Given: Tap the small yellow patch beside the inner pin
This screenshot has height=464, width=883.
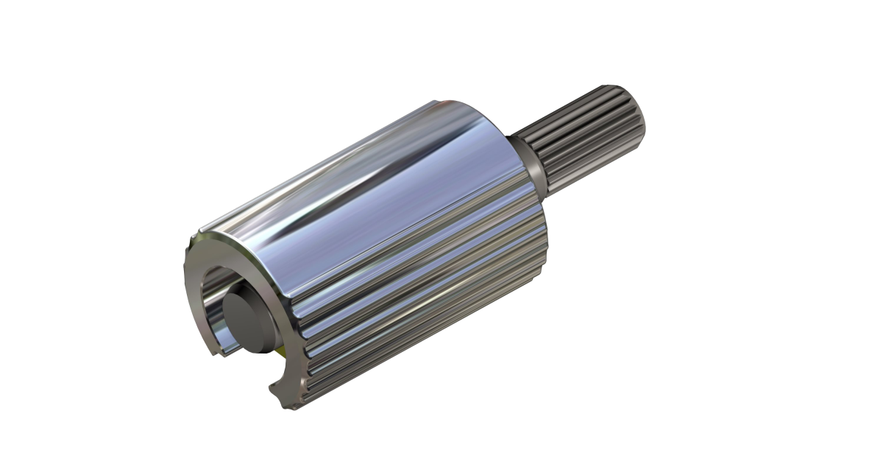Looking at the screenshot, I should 278,344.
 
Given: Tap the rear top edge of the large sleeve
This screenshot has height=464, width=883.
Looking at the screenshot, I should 471,103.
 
